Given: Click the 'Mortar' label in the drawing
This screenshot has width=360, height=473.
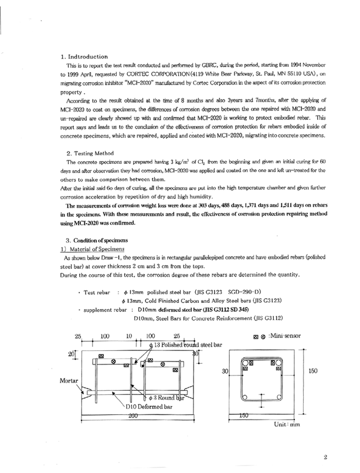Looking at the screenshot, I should (x=70, y=380).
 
